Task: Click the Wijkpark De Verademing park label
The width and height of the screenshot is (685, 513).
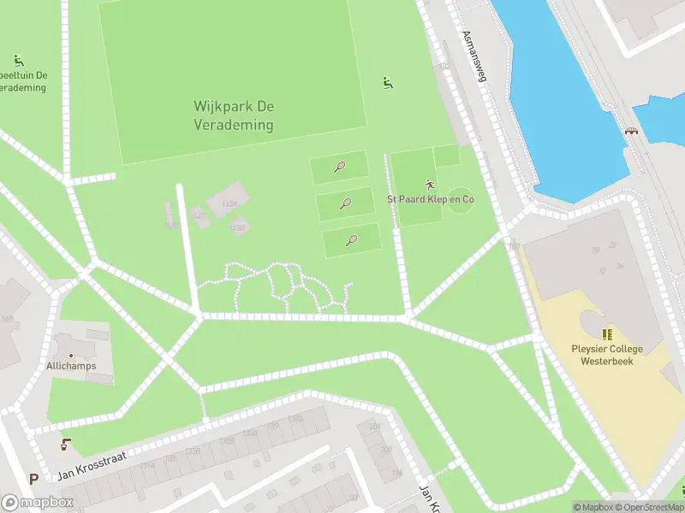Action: tap(233, 115)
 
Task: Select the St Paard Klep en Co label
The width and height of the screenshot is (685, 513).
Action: tap(431, 199)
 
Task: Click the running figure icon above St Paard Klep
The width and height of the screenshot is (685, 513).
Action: tap(430, 184)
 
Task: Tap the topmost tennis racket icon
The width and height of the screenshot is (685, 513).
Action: tap(340, 167)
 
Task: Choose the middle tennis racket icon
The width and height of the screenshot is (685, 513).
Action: tap(346, 203)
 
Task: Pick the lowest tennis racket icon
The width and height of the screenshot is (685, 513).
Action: tap(351, 240)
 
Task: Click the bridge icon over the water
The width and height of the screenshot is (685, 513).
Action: tap(632, 132)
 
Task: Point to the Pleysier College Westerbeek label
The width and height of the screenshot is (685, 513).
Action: tap(606, 354)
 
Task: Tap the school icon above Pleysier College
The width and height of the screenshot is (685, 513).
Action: tap(606, 334)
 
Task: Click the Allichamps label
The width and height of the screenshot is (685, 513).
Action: tap(72, 366)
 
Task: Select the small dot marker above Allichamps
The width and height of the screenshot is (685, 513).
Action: tap(71, 354)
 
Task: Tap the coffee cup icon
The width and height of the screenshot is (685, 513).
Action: tap(66, 445)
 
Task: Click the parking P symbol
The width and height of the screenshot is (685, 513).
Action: tap(33, 480)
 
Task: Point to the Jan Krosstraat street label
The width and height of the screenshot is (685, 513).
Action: tap(92, 466)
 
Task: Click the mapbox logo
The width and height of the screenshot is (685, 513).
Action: tap(37, 503)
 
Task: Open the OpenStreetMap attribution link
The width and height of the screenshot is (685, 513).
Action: tap(648, 507)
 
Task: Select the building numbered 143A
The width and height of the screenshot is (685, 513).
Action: tap(229, 204)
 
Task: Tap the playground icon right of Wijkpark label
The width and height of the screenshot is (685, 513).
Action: tap(388, 82)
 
